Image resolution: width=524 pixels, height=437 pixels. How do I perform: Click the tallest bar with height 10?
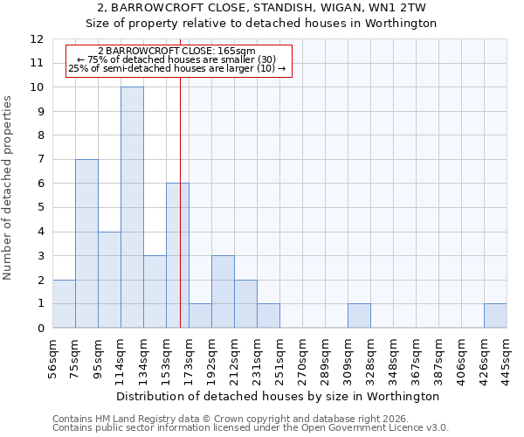coord(132,207)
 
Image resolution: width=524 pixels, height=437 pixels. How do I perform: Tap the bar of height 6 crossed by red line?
coord(177,255)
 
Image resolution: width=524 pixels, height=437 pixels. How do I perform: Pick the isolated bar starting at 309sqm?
coord(359,316)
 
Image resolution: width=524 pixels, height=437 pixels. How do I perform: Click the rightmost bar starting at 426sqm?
coord(495,316)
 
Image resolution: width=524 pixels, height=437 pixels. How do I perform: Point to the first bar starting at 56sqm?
coord(64,303)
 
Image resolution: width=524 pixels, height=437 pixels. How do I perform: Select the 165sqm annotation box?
coord(177,59)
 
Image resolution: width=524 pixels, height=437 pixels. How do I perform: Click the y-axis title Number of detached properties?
coord(9,188)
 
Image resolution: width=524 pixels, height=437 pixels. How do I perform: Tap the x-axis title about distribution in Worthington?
coord(279,396)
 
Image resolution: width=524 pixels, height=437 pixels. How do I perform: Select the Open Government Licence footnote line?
coord(251,428)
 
